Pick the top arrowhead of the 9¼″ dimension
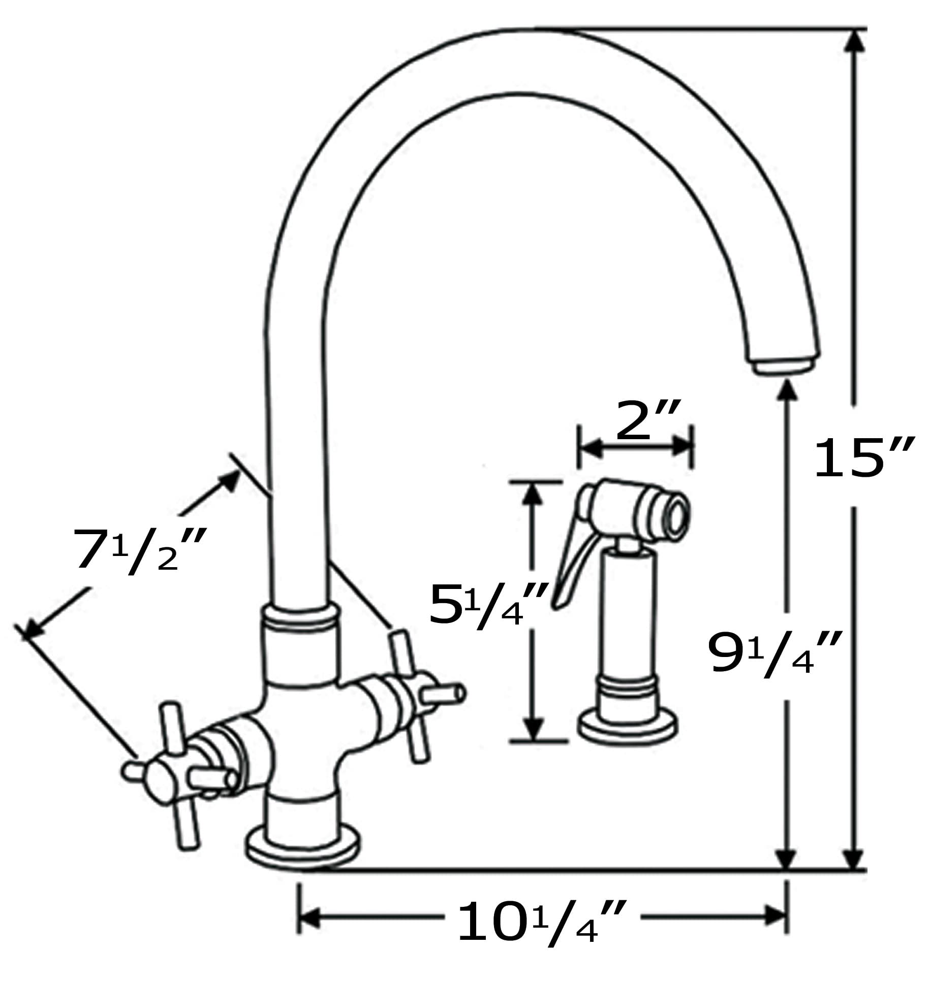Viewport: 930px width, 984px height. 787,391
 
